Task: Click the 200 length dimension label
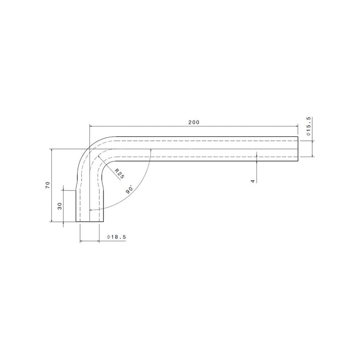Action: pyautogui.click(x=194, y=122)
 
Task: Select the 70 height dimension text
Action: pyautogui.click(x=48, y=185)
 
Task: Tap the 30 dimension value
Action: pyautogui.click(x=60, y=206)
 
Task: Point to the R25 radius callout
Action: pyautogui.click(x=119, y=174)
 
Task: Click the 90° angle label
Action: pyautogui.click(x=130, y=189)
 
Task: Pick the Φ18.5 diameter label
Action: pyautogui.click(x=117, y=237)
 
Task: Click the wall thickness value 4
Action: pyautogui.click(x=253, y=181)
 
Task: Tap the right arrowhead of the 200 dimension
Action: pyautogui.click(x=297, y=126)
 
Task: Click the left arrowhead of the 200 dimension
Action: pyautogui.click(x=91, y=126)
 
